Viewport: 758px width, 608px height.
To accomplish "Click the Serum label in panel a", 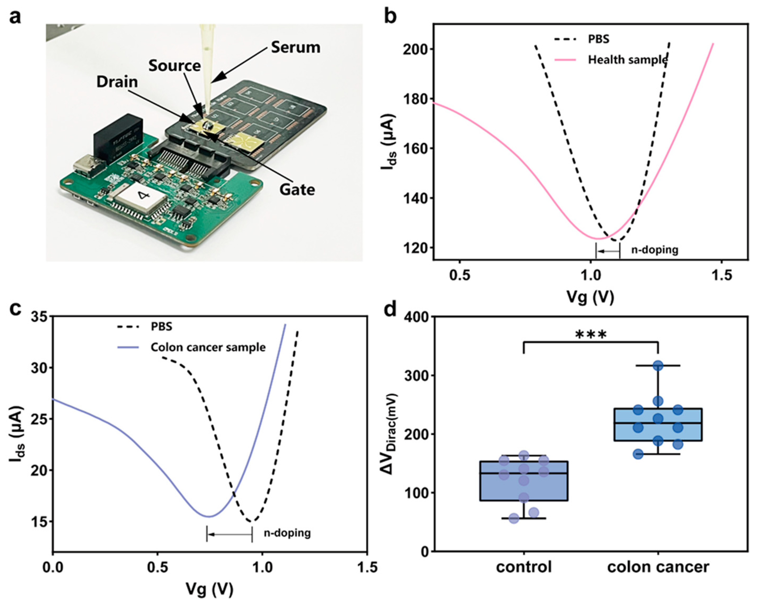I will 295,48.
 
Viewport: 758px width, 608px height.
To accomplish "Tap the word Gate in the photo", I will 297,189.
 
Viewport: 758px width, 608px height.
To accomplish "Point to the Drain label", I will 117,82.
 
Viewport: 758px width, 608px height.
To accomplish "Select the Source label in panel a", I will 174,66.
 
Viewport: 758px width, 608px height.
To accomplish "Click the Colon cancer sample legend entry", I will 208,348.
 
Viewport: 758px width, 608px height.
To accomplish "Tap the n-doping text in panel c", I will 287,533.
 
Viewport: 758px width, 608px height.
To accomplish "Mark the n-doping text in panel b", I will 655,250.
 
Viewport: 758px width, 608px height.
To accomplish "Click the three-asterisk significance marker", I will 591,335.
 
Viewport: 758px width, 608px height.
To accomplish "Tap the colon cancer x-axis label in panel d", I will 658,567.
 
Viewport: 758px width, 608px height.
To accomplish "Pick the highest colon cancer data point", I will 658,366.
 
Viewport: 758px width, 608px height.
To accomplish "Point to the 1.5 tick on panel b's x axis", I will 721,275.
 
